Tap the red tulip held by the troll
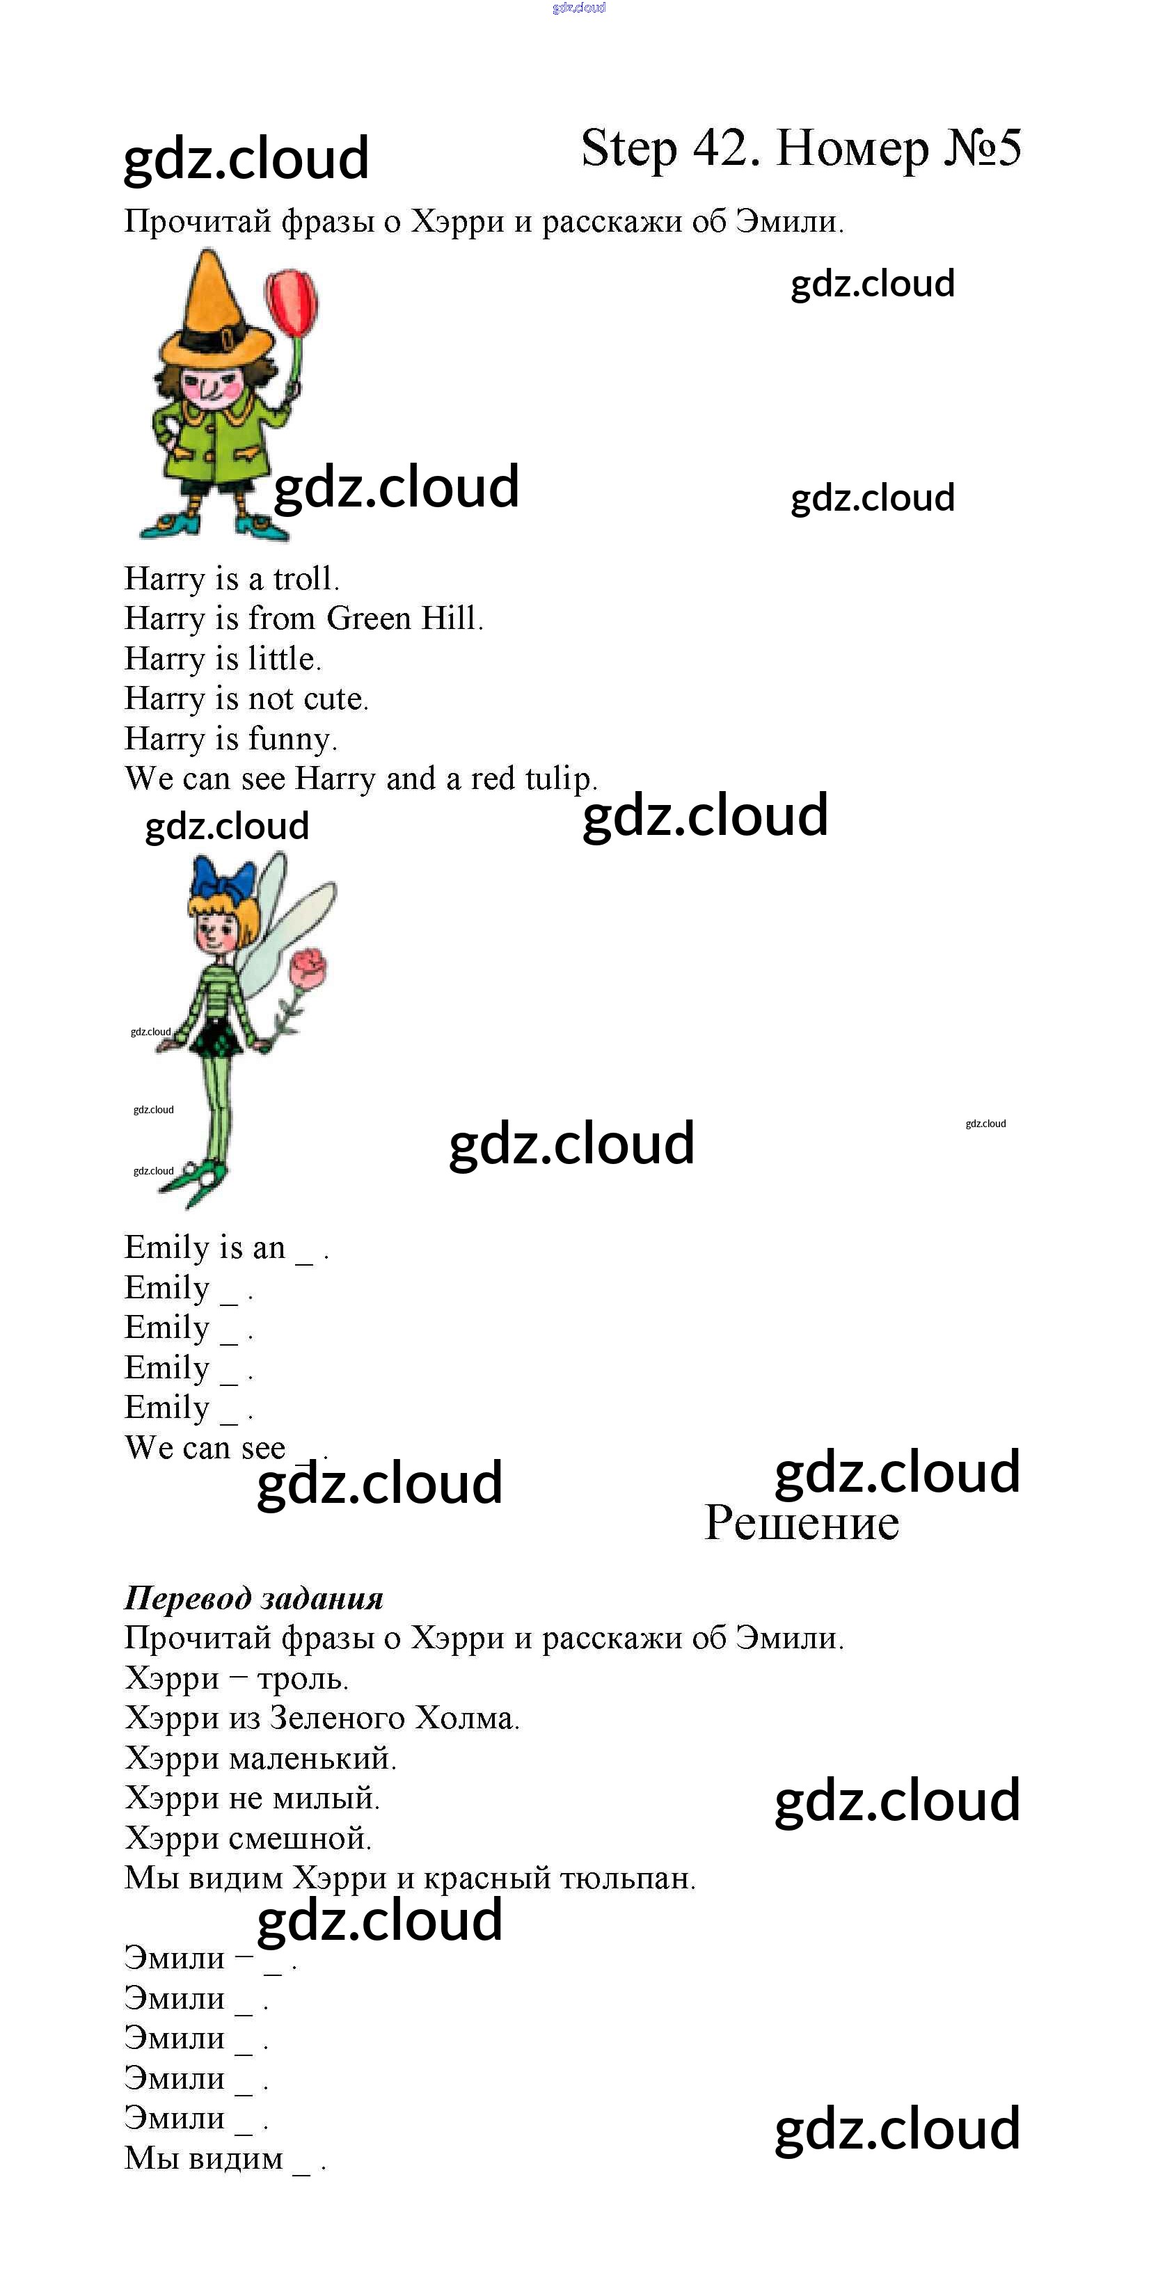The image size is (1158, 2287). [292, 299]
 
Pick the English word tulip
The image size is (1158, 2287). [560, 779]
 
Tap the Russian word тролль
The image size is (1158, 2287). [302, 1679]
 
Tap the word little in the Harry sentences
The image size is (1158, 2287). [283, 659]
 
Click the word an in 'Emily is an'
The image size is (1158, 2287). [268, 1248]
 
